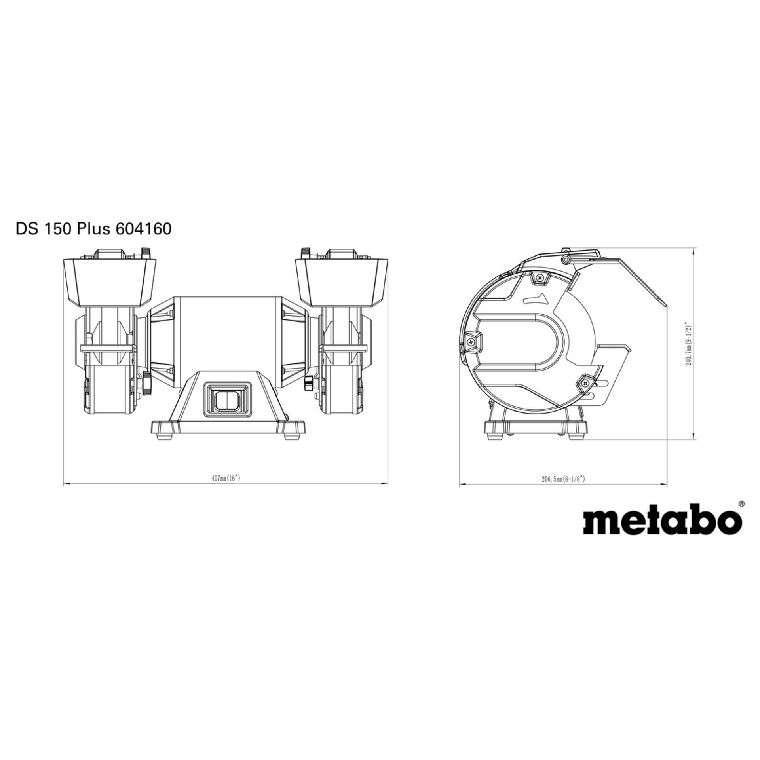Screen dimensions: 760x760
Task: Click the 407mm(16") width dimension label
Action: (x=226, y=479)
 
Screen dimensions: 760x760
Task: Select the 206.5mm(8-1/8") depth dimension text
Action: (x=563, y=479)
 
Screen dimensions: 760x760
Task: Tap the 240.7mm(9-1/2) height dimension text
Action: (x=689, y=343)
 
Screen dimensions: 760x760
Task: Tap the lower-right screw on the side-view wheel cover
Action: (x=585, y=384)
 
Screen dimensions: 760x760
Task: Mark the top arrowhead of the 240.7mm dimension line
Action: (x=695, y=251)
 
